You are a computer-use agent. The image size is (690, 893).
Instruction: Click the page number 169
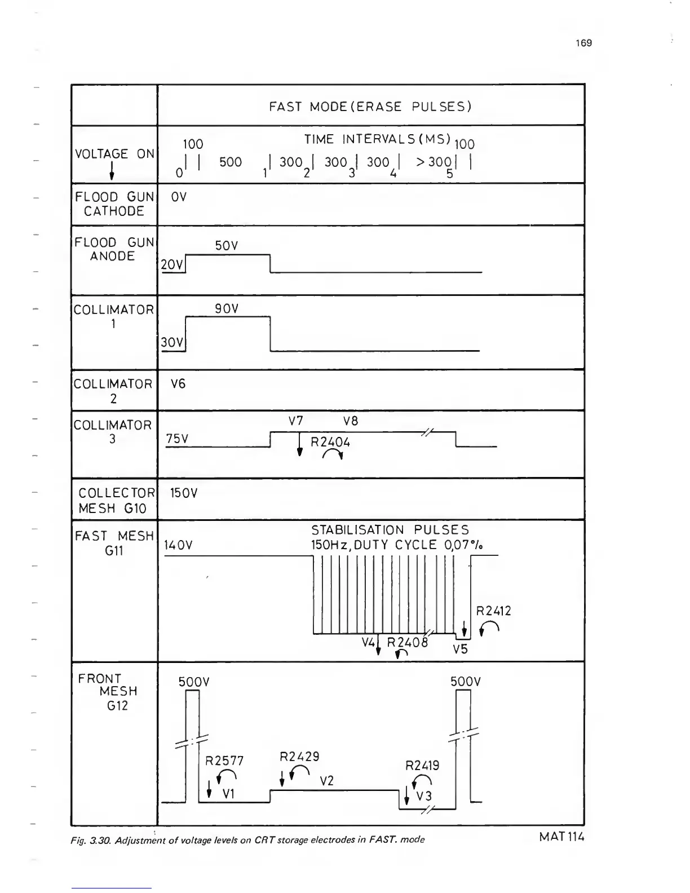click(585, 43)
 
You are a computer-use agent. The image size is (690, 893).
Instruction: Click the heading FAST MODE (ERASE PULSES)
click(370, 107)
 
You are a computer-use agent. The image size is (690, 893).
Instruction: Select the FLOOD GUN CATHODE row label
click(114, 204)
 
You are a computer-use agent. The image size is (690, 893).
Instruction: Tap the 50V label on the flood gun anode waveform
click(227, 246)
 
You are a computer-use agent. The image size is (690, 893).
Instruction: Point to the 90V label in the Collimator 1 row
click(227, 309)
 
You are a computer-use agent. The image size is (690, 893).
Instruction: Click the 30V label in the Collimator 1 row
click(172, 342)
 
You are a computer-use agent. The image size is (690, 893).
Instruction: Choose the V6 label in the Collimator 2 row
click(178, 384)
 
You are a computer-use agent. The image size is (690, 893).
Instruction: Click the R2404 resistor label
click(330, 442)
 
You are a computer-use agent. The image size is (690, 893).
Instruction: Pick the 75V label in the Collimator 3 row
click(177, 439)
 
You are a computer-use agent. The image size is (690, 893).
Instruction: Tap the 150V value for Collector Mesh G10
click(184, 493)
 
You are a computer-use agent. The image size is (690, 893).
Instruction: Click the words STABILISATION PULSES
click(390, 530)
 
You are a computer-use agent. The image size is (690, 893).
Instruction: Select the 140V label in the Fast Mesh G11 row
click(178, 545)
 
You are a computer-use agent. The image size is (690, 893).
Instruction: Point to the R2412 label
click(493, 611)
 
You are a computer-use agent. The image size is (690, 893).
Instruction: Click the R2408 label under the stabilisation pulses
click(408, 642)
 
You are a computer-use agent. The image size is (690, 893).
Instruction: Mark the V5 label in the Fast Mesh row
click(461, 649)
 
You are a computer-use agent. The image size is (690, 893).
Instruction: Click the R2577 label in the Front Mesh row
click(224, 761)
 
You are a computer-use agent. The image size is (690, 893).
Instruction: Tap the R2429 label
click(300, 757)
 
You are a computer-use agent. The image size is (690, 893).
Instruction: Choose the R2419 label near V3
click(422, 766)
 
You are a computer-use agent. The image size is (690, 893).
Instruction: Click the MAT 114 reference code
click(561, 837)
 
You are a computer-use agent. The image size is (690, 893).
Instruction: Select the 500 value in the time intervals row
click(231, 162)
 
